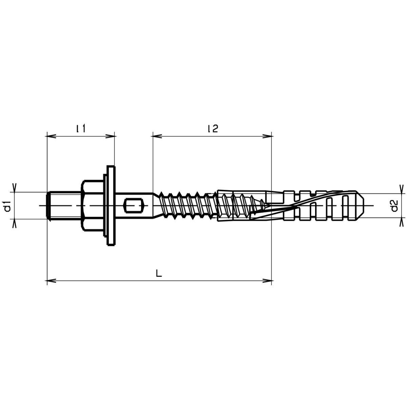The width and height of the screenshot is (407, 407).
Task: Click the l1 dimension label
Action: pos(81,129)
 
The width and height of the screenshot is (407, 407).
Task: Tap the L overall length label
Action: pos(159,273)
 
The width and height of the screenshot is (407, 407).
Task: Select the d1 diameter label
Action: pos(8,206)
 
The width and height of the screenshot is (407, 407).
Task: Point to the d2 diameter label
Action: pos(394,206)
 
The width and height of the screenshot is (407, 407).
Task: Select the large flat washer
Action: pos(111,206)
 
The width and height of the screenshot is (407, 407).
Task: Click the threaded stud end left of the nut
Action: pos(64,206)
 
